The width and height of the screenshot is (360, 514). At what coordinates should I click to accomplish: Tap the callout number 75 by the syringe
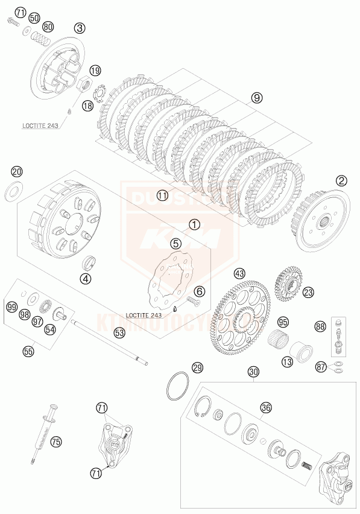(x=56, y=442)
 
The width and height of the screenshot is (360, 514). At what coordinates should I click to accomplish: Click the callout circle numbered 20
(x=17, y=172)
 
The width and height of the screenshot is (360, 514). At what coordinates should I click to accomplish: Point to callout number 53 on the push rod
(x=119, y=332)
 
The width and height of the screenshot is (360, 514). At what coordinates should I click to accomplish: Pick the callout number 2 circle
(x=342, y=180)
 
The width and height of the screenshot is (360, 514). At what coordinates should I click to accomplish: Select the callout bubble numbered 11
(x=162, y=195)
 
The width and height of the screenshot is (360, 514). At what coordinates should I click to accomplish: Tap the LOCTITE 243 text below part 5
(x=145, y=315)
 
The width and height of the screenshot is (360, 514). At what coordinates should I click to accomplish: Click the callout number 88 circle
(x=320, y=326)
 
